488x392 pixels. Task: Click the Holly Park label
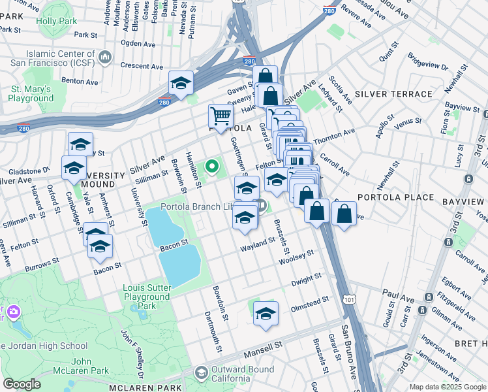click(56, 22)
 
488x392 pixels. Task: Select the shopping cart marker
click(221, 116)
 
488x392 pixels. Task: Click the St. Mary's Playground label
click(31, 93)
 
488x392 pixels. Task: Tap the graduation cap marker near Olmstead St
click(266, 314)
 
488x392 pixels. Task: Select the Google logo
click(22, 384)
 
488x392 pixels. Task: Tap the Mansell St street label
click(262, 350)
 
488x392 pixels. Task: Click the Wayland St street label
click(258, 243)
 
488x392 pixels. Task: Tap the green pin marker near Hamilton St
click(211, 167)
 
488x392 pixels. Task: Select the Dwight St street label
click(306, 280)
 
